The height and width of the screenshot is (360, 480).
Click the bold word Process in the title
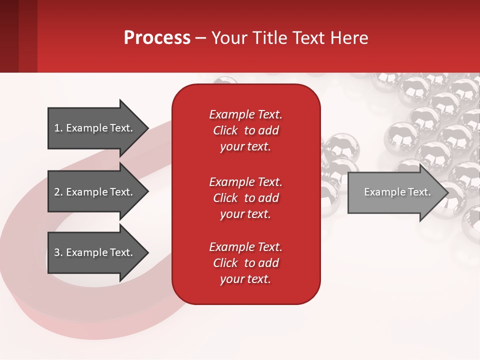[157, 38]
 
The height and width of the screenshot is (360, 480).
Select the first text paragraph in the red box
[245, 130]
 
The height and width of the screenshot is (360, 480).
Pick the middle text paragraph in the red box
[245, 198]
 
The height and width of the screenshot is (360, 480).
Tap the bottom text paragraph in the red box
[245, 263]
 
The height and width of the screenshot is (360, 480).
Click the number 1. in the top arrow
[58, 128]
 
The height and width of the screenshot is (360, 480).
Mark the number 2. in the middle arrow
[58, 192]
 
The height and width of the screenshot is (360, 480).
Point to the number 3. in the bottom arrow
[58, 252]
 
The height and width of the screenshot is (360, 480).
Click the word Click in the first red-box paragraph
[225, 130]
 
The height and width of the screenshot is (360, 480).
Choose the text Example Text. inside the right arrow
[397, 192]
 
